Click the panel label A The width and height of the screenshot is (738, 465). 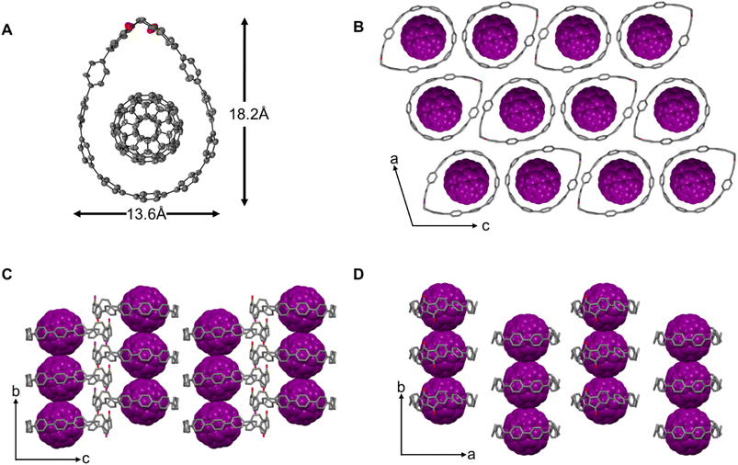(x=6, y=30)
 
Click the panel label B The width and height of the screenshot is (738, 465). (x=358, y=28)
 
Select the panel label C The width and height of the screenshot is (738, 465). (x=7, y=275)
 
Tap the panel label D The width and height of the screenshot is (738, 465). (x=358, y=275)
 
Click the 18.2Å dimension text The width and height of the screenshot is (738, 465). (x=249, y=115)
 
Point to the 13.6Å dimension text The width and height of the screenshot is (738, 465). (x=146, y=215)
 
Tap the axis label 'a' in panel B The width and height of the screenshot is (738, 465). (x=394, y=159)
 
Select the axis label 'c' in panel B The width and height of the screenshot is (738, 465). (x=486, y=226)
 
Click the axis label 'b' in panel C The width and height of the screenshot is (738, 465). (x=16, y=391)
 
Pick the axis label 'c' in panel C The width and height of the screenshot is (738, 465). (x=86, y=458)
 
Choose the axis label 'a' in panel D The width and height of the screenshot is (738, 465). (x=471, y=455)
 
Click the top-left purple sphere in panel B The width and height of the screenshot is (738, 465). (x=423, y=39)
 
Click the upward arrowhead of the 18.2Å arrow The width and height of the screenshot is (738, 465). (x=244, y=23)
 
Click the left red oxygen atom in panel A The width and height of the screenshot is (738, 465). (x=129, y=27)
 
